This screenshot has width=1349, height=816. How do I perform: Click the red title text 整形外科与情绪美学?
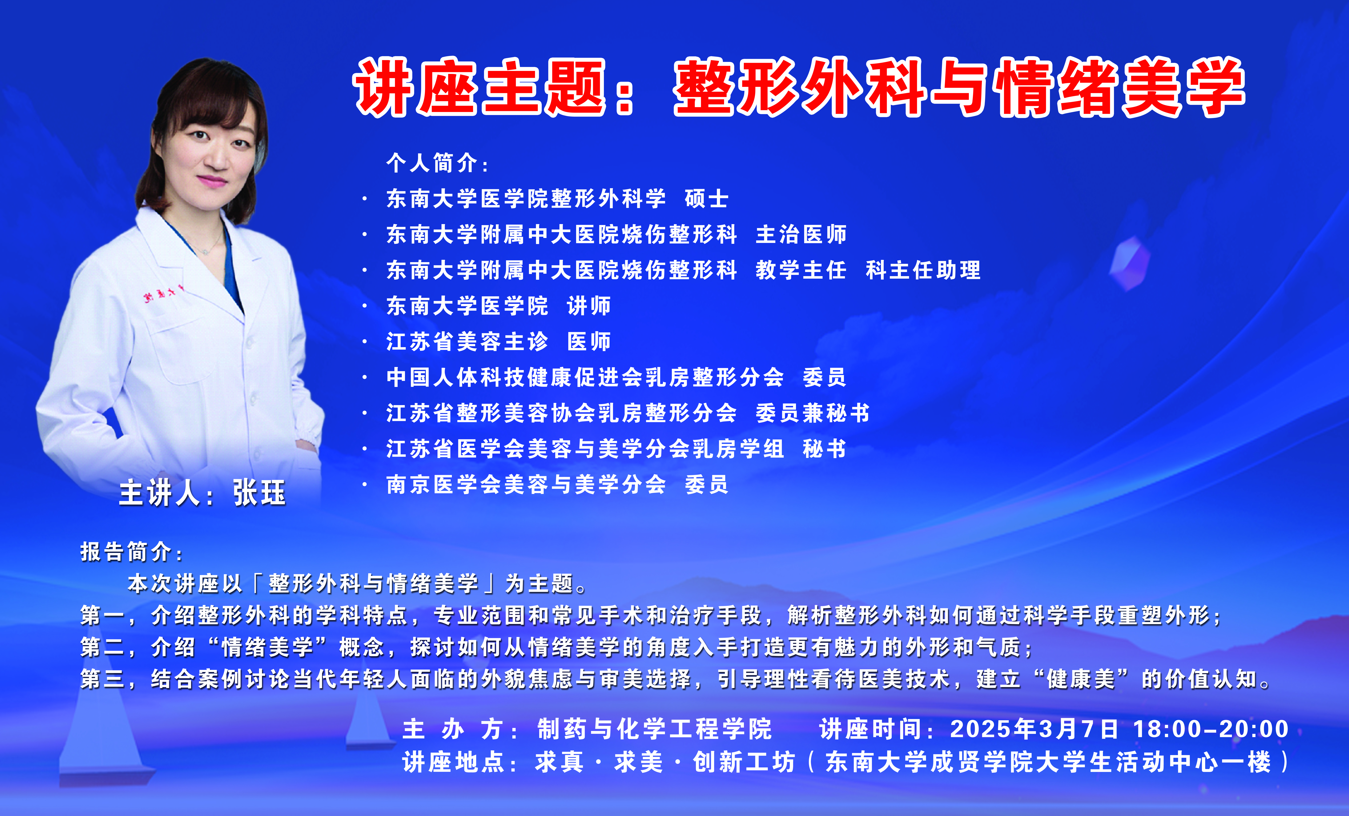coord(959,88)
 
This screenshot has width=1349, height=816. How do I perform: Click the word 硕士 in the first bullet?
coord(706,198)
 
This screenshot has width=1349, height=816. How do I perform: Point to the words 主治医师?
coord(801,234)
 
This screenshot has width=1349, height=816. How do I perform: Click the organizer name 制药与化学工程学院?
coord(654,729)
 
